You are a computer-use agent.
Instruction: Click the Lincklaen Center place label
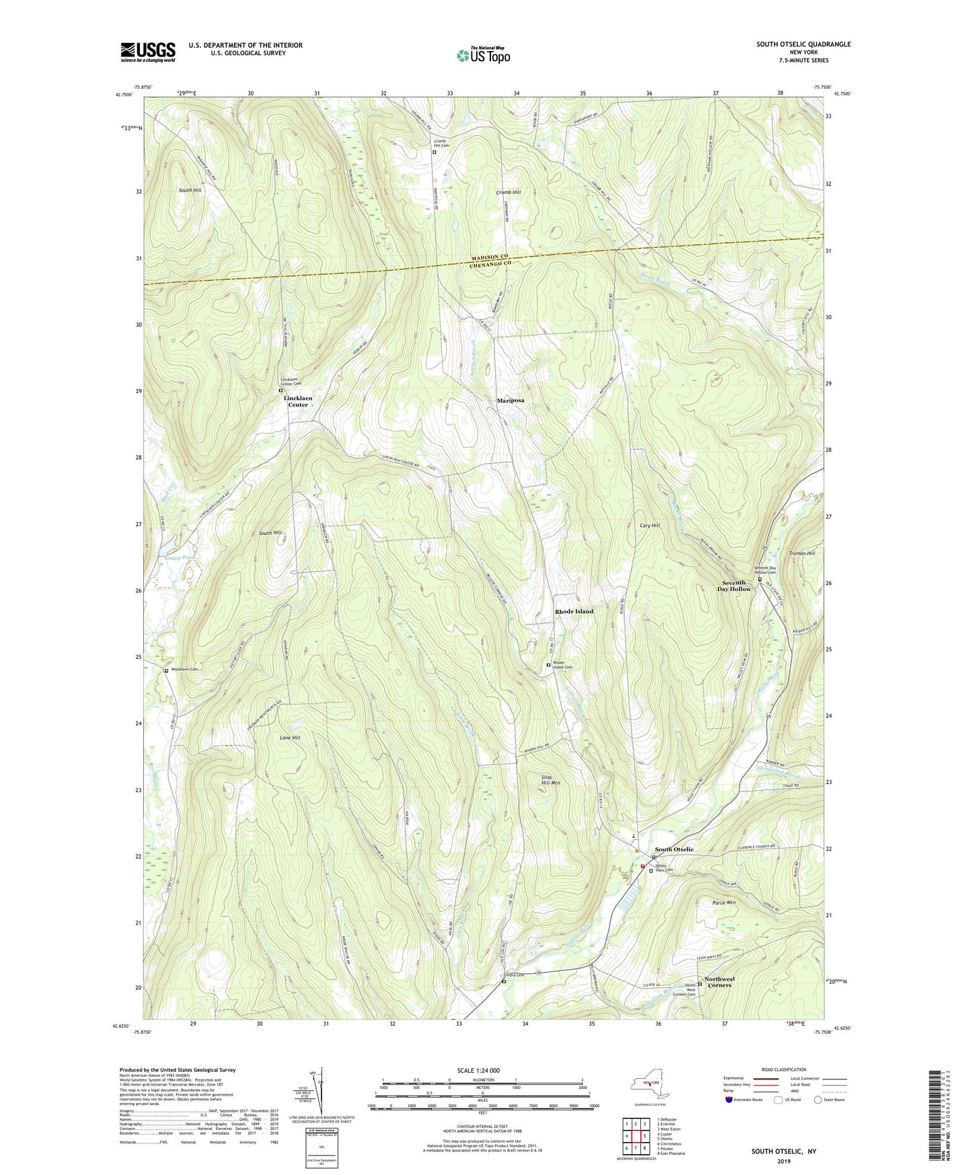coord(298,401)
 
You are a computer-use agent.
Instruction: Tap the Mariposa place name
coord(510,400)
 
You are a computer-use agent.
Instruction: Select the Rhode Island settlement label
coord(574,611)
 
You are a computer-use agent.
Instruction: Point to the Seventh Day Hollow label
coord(736,585)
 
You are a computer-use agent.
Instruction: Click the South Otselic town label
coord(674,849)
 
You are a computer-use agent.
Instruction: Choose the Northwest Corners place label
coord(719,982)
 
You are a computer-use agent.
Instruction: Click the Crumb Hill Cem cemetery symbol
coord(434,152)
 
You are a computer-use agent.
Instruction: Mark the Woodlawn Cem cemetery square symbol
coord(166,670)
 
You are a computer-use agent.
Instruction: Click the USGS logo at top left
coord(148,52)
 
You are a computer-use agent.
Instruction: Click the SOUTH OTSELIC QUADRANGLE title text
coord(803,44)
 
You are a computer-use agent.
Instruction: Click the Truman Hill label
coord(801,553)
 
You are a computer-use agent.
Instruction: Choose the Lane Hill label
coord(290,738)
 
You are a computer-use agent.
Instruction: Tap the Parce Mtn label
coord(724,902)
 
